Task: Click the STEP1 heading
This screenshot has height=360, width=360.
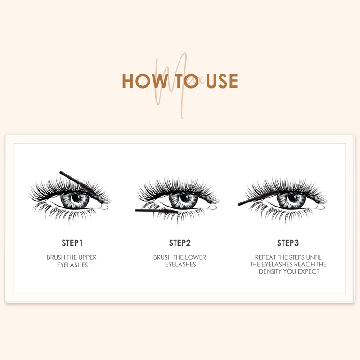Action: pos(72,243)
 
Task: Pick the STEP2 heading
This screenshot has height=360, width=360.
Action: pos(180,243)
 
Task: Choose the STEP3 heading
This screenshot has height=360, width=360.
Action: pos(288,243)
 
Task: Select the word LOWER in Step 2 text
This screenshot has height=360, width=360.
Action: pos(196,257)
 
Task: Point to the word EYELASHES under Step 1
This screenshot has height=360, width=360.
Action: pos(72,265)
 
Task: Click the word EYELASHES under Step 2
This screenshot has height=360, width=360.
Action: pos(180,265)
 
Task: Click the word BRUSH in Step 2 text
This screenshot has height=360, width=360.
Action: pos(162,257)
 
